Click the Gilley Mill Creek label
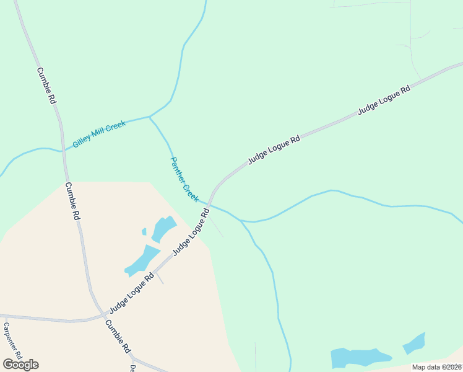(99, 134)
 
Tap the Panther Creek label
(184, 180)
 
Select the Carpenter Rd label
(12, 340)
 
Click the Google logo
(20, 364)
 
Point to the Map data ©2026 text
(437, 367)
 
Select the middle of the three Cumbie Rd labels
(73, 202)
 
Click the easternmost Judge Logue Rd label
(384, 100)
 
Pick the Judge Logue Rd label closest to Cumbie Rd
(131, 294)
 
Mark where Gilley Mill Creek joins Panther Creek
(150, 117)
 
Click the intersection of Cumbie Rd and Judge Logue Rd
(102, 314)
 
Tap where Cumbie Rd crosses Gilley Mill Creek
(63, 149)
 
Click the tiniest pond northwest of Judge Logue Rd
(144, 232)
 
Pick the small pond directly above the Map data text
(414, 343)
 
